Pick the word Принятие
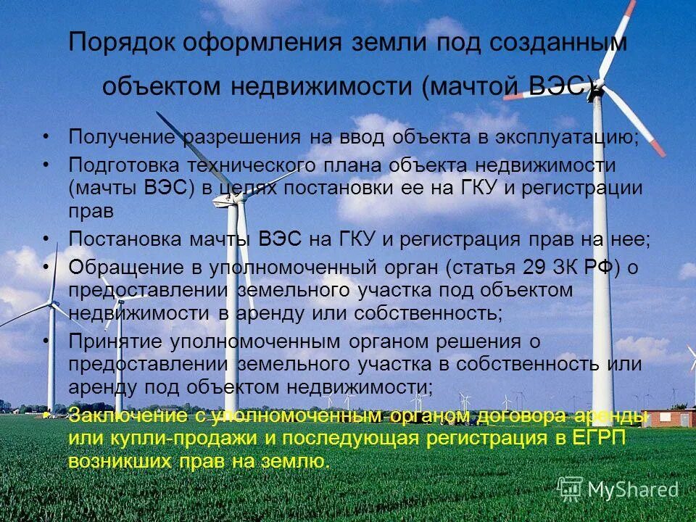click(x=116, y=341)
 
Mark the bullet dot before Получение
click(x=46, y=136)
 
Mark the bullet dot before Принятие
click(x=46, y=341)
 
